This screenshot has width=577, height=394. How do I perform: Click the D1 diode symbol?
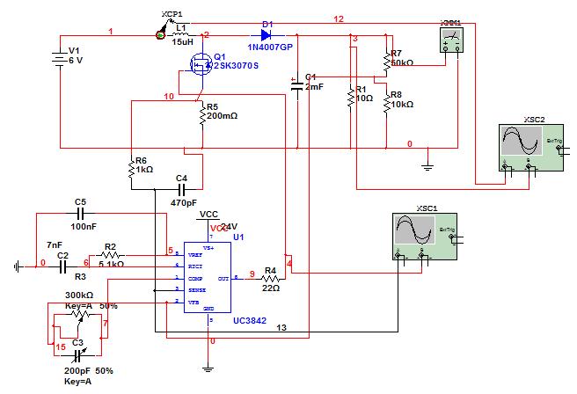click(267, 34)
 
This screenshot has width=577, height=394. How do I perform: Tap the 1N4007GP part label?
click(269, 47)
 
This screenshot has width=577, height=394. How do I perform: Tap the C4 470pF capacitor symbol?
click(182, 188)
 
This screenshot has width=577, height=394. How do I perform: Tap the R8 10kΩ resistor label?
click(401, 98)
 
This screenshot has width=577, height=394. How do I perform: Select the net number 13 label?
click(281, 327)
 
